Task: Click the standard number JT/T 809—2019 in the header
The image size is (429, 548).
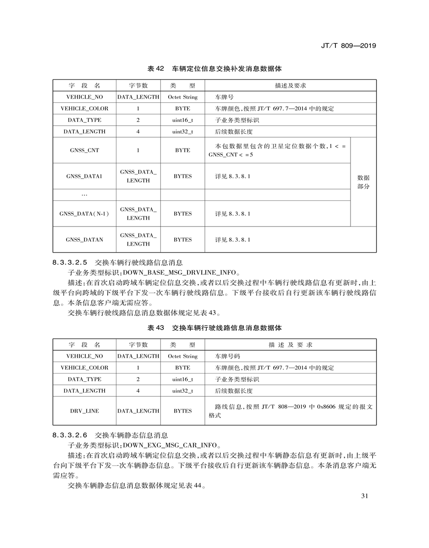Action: [348, 46]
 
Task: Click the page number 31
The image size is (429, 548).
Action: [364, 496]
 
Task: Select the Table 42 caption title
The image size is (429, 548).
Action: [214, 69]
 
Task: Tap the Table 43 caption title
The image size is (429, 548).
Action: [214, 328]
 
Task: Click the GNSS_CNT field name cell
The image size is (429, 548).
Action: [84, 150]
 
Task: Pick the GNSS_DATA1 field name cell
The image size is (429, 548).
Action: [84, 176]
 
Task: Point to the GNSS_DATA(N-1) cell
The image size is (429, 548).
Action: [84, 214]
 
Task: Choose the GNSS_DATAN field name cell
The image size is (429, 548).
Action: [84, 240]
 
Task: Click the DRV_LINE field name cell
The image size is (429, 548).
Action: [84, 411]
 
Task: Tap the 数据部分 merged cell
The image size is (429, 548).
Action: [363, 182]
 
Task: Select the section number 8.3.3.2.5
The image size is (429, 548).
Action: [70, 263]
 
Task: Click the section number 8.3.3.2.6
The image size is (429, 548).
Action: [70, 435]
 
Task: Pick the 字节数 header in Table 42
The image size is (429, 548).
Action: [138, 85]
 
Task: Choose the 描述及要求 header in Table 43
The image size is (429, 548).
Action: [290, 345]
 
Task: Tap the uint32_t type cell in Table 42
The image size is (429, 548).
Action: [183, 132]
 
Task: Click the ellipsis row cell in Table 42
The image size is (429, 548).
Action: [84, 195]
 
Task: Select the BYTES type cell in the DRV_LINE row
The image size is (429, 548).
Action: [183, 411]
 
